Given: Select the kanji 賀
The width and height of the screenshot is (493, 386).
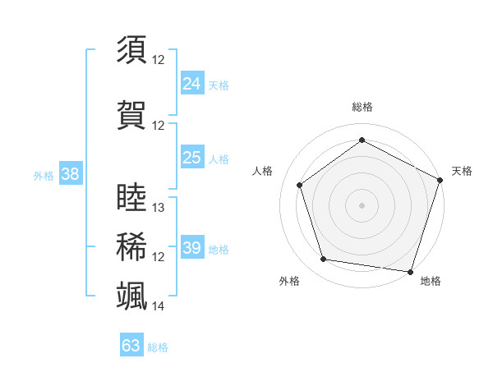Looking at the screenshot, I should click(x=131, y=114).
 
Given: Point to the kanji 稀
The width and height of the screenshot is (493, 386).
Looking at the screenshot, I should click(x=131, y=246).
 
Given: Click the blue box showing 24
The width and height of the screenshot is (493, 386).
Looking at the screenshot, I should click(x=191, y=84).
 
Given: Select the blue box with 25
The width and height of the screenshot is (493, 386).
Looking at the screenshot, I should click(x=191, y=158).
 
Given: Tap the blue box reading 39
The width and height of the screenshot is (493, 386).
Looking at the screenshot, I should click(x=191, y=248).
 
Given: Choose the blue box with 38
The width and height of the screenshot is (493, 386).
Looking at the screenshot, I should click(x=70, y=174).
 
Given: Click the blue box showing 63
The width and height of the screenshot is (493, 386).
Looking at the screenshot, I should click(x=131, y=346).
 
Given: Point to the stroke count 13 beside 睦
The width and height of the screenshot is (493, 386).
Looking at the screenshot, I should click(x=159, y=208).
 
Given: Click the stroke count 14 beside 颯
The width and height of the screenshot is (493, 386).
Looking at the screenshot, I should click(x=159, y=306).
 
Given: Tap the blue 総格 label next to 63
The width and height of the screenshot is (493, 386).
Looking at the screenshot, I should click(x=159, y=347).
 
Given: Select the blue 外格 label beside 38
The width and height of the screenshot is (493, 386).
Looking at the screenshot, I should click(x=44, y=176).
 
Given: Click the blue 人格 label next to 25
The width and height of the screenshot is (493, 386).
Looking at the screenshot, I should click(x=219, y=159).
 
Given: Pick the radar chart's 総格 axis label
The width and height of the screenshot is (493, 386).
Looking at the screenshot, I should click(x=362, y=107).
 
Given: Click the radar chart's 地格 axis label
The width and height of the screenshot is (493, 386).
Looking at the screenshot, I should click(x=431, y=281).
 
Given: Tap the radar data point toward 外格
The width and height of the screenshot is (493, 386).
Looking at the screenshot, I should click(x=324, y=260).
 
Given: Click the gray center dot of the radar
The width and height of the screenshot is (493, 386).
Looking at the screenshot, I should click(x=362, y=204).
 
